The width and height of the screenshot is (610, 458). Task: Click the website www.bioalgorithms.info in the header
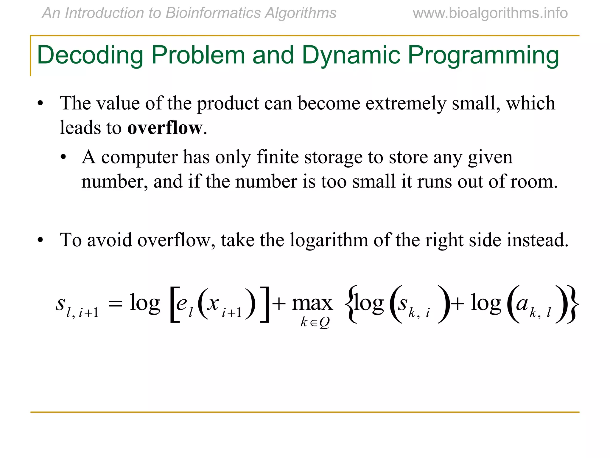(x=490, y=13)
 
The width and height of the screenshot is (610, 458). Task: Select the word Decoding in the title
(x=90, y=55)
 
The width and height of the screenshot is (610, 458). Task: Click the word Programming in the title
(x=483, y=55)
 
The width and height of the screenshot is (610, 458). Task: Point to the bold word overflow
(x=165, y=128)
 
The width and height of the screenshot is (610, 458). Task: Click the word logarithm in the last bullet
(x=329, y=240)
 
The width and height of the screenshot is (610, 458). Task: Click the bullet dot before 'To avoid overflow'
(x=41, y=240)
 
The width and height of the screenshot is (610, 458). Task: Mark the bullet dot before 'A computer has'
(x=63, y=157)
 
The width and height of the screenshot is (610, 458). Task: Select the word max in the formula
(x=312, y=304)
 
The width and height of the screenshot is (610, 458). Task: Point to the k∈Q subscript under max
(x=315, y=322)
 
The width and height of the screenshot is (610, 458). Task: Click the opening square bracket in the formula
(x=175, y=304)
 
